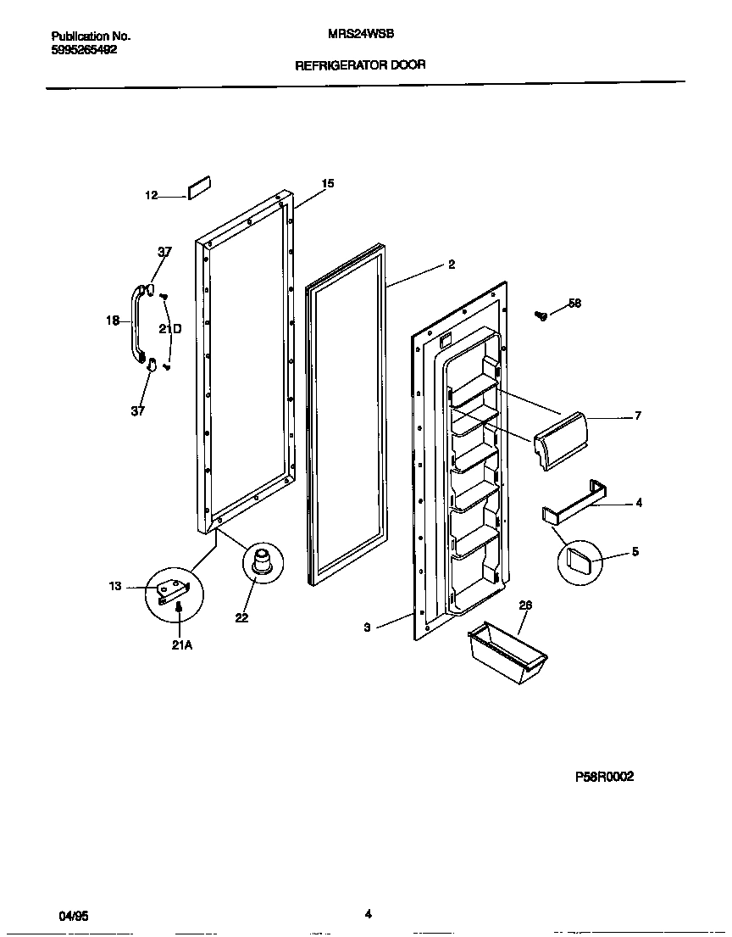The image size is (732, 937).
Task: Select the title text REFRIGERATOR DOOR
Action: point(360,64)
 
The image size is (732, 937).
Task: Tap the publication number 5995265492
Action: point(85,50)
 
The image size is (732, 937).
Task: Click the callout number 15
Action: point(328,183)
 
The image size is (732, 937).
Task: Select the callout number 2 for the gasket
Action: point(452,265)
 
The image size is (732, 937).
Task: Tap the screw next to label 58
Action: point(541,315)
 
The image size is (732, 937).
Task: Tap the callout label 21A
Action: point(182,645)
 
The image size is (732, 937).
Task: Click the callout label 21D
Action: point(170,330)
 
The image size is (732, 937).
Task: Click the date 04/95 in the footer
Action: point(73,917)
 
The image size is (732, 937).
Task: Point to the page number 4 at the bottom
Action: point(368,913)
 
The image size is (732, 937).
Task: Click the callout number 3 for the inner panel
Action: point(367,627)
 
